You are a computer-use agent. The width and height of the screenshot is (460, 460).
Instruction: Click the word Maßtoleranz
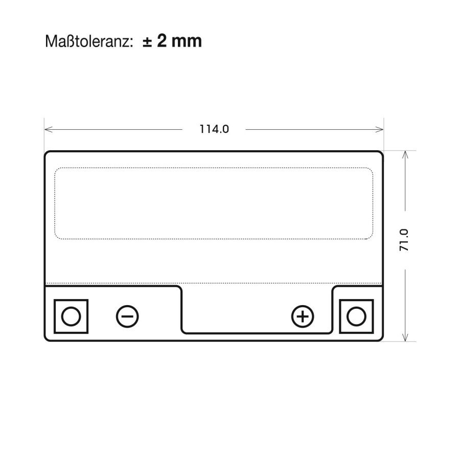[87, 41]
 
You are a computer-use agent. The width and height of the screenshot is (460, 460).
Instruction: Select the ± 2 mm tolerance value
[172, 41]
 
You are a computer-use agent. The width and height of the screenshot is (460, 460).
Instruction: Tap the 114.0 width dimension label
[214, 129]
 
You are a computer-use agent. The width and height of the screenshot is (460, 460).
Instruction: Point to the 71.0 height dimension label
[404, 240]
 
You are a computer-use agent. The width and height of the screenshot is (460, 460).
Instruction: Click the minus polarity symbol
[127, 316]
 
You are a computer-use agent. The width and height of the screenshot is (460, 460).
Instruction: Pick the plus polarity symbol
[303, 316]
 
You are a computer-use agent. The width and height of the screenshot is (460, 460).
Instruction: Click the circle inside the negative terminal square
[71, 316]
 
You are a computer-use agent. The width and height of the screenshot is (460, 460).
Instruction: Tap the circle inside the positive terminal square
[356, 316]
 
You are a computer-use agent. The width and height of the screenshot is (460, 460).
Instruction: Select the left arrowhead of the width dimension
[48, 129]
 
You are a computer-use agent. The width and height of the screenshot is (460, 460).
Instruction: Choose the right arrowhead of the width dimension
[380, 129]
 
